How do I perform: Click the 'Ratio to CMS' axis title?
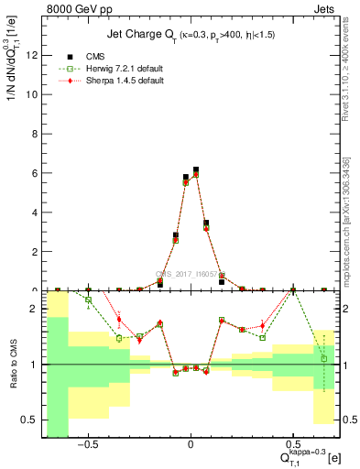pos(12,364)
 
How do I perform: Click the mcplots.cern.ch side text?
pos(349,220)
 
